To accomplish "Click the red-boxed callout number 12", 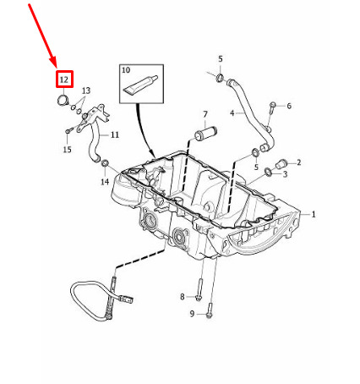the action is tap(64, 80).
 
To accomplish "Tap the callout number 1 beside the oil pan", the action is tap(314, 214).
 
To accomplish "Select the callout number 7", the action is tap(205, 114).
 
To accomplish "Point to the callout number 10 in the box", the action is tap(126, 70).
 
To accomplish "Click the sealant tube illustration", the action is tap(140, 85).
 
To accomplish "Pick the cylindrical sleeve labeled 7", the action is tap(206, 134).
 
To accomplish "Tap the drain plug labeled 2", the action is tap(281, 164).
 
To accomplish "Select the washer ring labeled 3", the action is tap(269, 171).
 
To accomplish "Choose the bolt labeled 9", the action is tap(210, 310).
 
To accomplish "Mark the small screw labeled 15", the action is tap(68, 130).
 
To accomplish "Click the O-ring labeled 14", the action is tap(105, 162).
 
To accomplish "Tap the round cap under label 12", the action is tap(62, 101).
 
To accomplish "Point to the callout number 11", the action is tap(115, 134).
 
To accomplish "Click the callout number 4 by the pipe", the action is tap(232, 113).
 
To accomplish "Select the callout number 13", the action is tap(86, 91).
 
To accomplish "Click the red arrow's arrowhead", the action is tap(53, 63).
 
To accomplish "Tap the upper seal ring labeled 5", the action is tap(221, 77).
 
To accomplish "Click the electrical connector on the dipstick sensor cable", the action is tap(127, 299).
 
